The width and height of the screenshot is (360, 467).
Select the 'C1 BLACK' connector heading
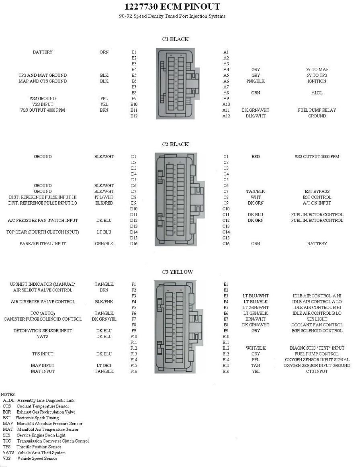pos(175,39)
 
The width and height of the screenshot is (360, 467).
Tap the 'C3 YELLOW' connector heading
pos(177,272)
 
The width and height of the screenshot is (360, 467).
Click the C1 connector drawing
pos(176,84)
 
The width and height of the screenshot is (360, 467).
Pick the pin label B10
pos(134,104)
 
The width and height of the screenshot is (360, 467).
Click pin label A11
pos(226,110)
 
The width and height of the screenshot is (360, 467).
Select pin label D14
pos(134,232)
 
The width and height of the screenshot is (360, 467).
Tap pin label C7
pos(226,192)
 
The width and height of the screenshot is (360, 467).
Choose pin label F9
pos(134,331)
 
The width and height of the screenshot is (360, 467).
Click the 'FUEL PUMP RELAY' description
pos(317,110)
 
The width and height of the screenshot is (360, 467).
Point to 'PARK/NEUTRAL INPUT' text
pos(43,244)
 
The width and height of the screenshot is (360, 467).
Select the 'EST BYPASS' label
pos(317,192)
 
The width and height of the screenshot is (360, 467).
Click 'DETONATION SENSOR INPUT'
pos(43,331)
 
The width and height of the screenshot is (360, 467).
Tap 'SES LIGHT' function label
pos(317,319)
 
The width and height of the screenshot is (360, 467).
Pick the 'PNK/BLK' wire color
pos(256,81)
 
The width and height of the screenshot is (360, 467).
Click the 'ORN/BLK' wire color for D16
pos(104,244)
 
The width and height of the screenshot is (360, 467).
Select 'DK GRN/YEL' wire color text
pos(104,319)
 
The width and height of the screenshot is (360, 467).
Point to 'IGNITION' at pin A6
pos(317,81)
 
